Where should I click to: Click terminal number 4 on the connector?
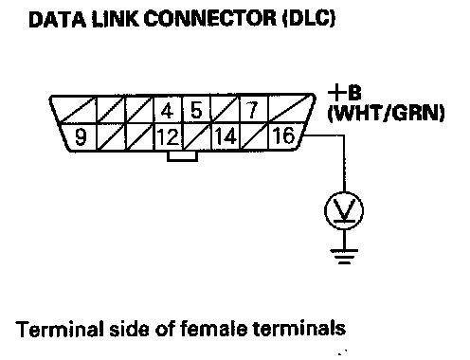click(x=168, y=111)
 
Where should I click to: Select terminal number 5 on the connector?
click(x=196, y=110)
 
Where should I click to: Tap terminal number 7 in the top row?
click(x=252, y=110)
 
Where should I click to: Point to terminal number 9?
click(x=81, y=136)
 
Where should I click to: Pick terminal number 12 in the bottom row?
click(x=168, y=136)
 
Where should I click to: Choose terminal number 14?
click(x=226, y=136)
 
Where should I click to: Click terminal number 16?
click(x=283, y=135)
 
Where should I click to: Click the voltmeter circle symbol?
click(x=344, y=210)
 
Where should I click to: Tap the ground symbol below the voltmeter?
click(x=344, y=257)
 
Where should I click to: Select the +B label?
click(x=344, y=93)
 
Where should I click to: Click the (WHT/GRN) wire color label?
click(x=386, y=113)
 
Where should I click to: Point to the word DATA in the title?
click(x=57, y=19)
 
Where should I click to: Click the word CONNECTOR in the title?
click(x=210, y=19)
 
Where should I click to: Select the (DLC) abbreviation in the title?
click(x=309, y=19)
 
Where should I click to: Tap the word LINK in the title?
click(x=115, y=19)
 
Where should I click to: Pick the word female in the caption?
click(x=213, y=329)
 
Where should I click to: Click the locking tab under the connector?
click(x=182, y=156)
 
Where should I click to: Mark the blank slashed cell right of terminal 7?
click(x=290, y=110)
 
